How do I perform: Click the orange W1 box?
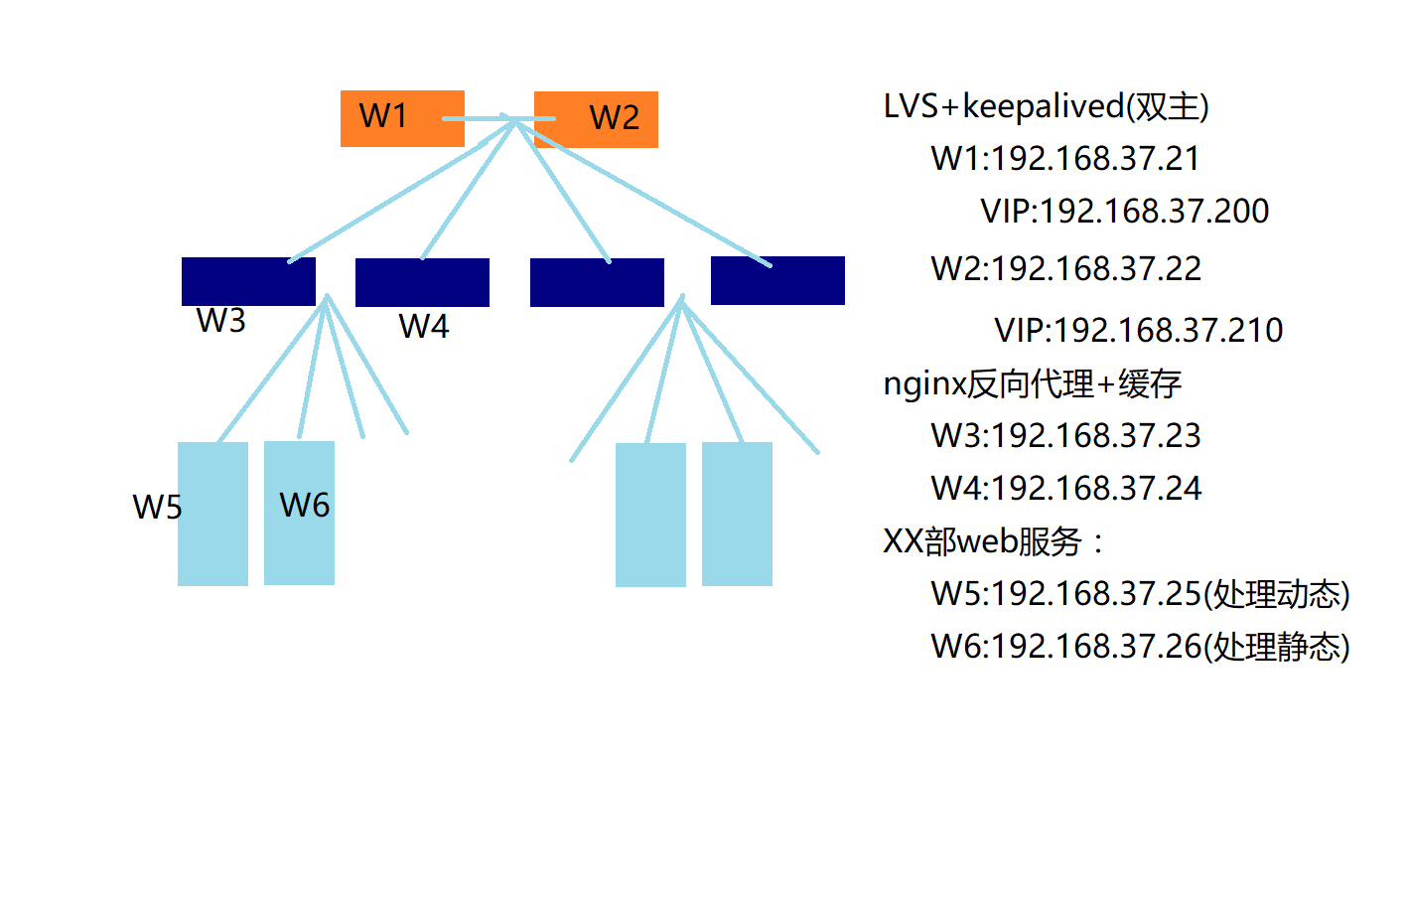[401, 118]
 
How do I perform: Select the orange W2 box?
[596, 119]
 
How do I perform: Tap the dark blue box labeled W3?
[248, 281]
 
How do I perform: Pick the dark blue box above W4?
[422, 282]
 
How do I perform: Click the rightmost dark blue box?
[777, 280]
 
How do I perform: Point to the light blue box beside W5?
[212, 514]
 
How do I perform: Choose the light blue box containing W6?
[299, 513]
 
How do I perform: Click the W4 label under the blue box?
[424, 326]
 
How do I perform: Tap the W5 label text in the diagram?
[157, 507]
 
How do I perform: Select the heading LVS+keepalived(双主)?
[1046, 105]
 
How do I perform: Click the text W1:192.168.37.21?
[1065, 158]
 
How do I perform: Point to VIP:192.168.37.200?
[1124, 211]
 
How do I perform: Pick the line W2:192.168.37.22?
[1065, 268]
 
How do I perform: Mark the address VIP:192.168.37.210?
[1138, 330]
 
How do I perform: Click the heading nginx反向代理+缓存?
[1032, 383]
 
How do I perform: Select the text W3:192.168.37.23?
[1065, 435]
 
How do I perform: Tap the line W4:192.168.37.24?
[1065, 488]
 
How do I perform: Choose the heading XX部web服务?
[991, 541]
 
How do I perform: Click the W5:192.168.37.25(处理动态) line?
[1140, 594]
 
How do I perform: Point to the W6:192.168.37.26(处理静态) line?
[1140, 647]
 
